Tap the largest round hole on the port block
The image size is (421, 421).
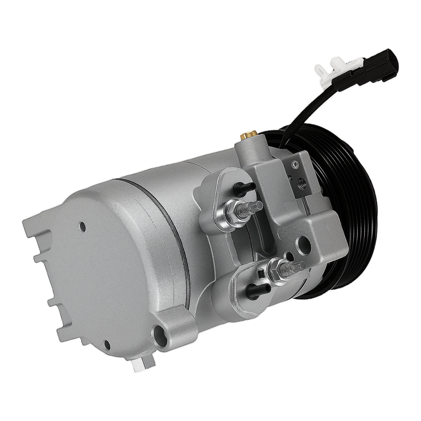[x=304, y=243]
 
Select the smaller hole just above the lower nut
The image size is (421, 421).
[x=289, y=256]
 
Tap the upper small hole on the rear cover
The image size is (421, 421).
[x=83, y=227]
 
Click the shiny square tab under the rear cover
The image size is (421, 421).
[x=139, y=365]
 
